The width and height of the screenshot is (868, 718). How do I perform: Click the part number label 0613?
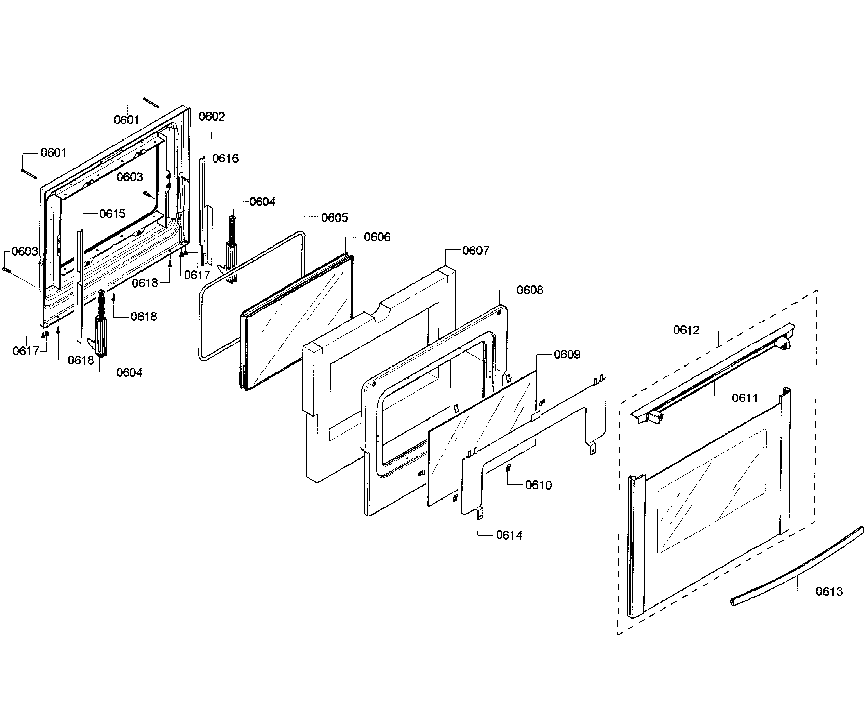pos(829,591)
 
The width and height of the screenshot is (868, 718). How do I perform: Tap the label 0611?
pos(745,398)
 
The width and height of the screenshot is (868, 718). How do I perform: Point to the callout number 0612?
pos(686,330)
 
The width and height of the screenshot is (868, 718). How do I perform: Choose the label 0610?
pos(538,485)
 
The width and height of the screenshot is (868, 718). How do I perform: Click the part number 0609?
pos(567,355)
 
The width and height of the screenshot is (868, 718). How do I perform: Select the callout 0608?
pos(530,290)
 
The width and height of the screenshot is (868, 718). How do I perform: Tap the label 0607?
pos(475,250)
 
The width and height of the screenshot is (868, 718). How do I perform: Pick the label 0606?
pos(377,237)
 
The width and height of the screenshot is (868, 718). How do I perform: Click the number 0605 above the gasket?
pos(335,217)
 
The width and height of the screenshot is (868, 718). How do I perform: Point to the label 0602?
pos(212,117)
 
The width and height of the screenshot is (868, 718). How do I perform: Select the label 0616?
pos(225,158)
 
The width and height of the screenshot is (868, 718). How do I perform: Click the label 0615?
pos(112,214)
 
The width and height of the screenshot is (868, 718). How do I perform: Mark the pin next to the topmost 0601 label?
pos(150,103)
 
